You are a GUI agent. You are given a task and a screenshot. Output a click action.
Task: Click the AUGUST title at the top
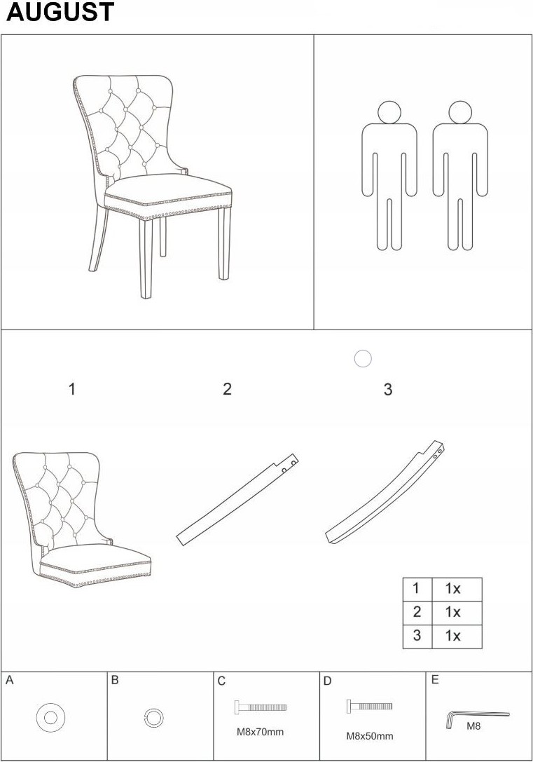pos(60,12)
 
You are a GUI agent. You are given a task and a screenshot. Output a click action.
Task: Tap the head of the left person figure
pos(389,112)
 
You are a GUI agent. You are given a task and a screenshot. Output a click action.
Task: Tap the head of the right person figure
pos(460,112)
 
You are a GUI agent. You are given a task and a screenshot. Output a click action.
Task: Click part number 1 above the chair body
pos(72,389)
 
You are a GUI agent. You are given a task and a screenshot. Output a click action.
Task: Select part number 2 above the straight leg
pos(227,389)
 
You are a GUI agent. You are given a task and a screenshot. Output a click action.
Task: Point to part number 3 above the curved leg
pos(388,389)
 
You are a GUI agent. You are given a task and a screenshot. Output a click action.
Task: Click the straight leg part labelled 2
pos(237,500)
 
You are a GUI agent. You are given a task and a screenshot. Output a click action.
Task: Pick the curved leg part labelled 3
pos(385,494)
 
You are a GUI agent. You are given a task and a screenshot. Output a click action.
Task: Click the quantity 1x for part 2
pos(453,612)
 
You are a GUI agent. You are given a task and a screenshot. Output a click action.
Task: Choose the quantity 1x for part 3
pos(453,636)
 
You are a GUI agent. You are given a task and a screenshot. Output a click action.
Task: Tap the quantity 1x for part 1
pos(453,589)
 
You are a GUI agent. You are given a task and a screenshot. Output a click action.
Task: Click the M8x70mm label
pos(260,732)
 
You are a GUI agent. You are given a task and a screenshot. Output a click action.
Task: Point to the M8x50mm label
pos(369,736)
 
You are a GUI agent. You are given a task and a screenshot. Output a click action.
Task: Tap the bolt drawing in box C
pos(260,707)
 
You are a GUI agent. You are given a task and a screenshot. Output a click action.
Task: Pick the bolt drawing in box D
pos(369,706)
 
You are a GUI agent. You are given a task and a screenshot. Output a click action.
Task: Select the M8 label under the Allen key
pos(473,726)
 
